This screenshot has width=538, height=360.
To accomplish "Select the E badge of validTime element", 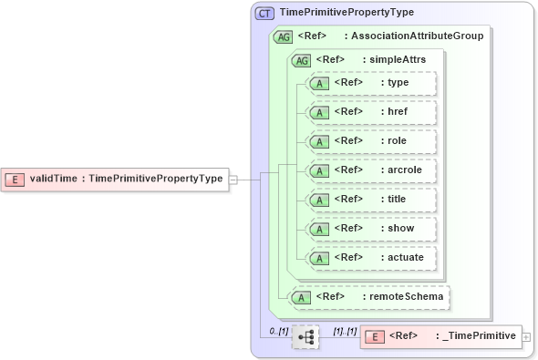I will (15, 179).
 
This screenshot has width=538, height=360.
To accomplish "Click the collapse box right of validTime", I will (233, 180).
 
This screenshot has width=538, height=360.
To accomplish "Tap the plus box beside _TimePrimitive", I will (526, 337).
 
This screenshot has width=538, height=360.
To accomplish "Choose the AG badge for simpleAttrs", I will (300, 60).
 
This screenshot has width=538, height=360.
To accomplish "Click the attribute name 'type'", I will (398, 83).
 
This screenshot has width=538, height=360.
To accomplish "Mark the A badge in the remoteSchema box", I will (299, 296).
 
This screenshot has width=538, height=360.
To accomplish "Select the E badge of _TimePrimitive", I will (373, 337).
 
